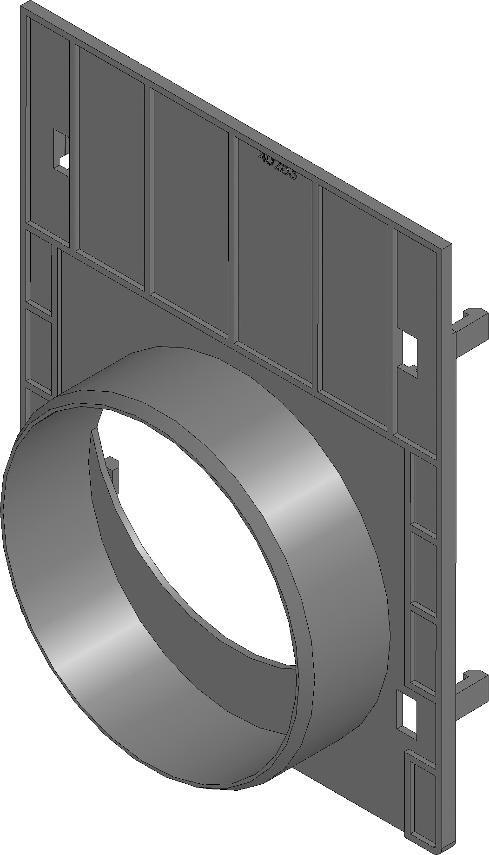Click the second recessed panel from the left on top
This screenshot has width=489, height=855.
111,167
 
